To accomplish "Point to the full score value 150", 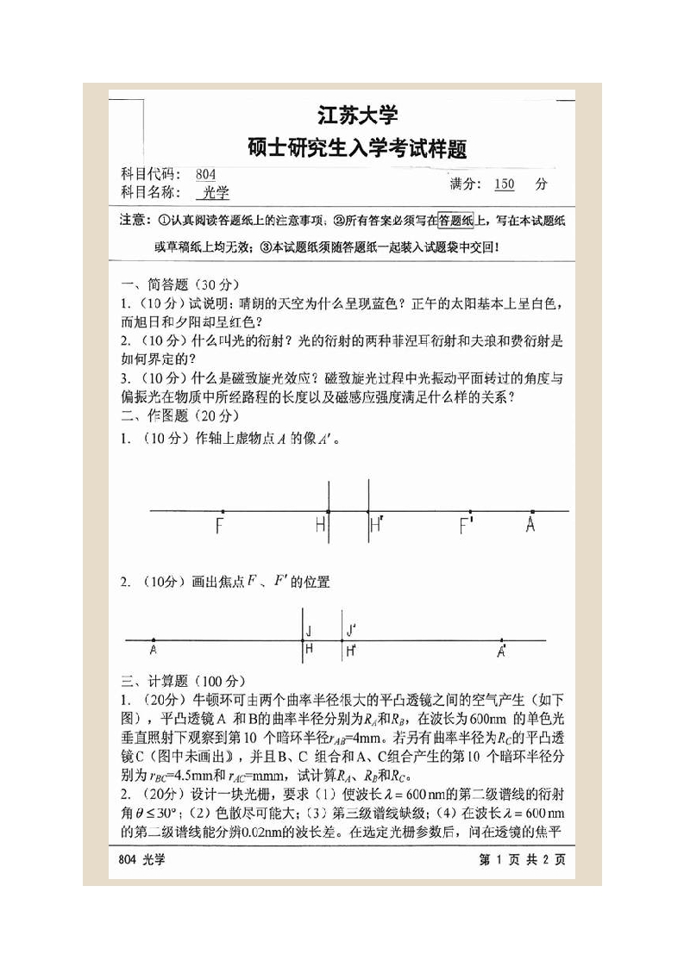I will [505, 184].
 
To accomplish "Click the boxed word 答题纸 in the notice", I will [455, 221].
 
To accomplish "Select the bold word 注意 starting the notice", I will [135, 221].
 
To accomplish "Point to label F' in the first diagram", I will [467, 526].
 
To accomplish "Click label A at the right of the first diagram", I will [530, 526].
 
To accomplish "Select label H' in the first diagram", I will [375, 526].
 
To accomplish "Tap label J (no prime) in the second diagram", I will [309, 630].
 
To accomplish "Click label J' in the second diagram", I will [351, 630].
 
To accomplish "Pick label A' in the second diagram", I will [502, 652].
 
